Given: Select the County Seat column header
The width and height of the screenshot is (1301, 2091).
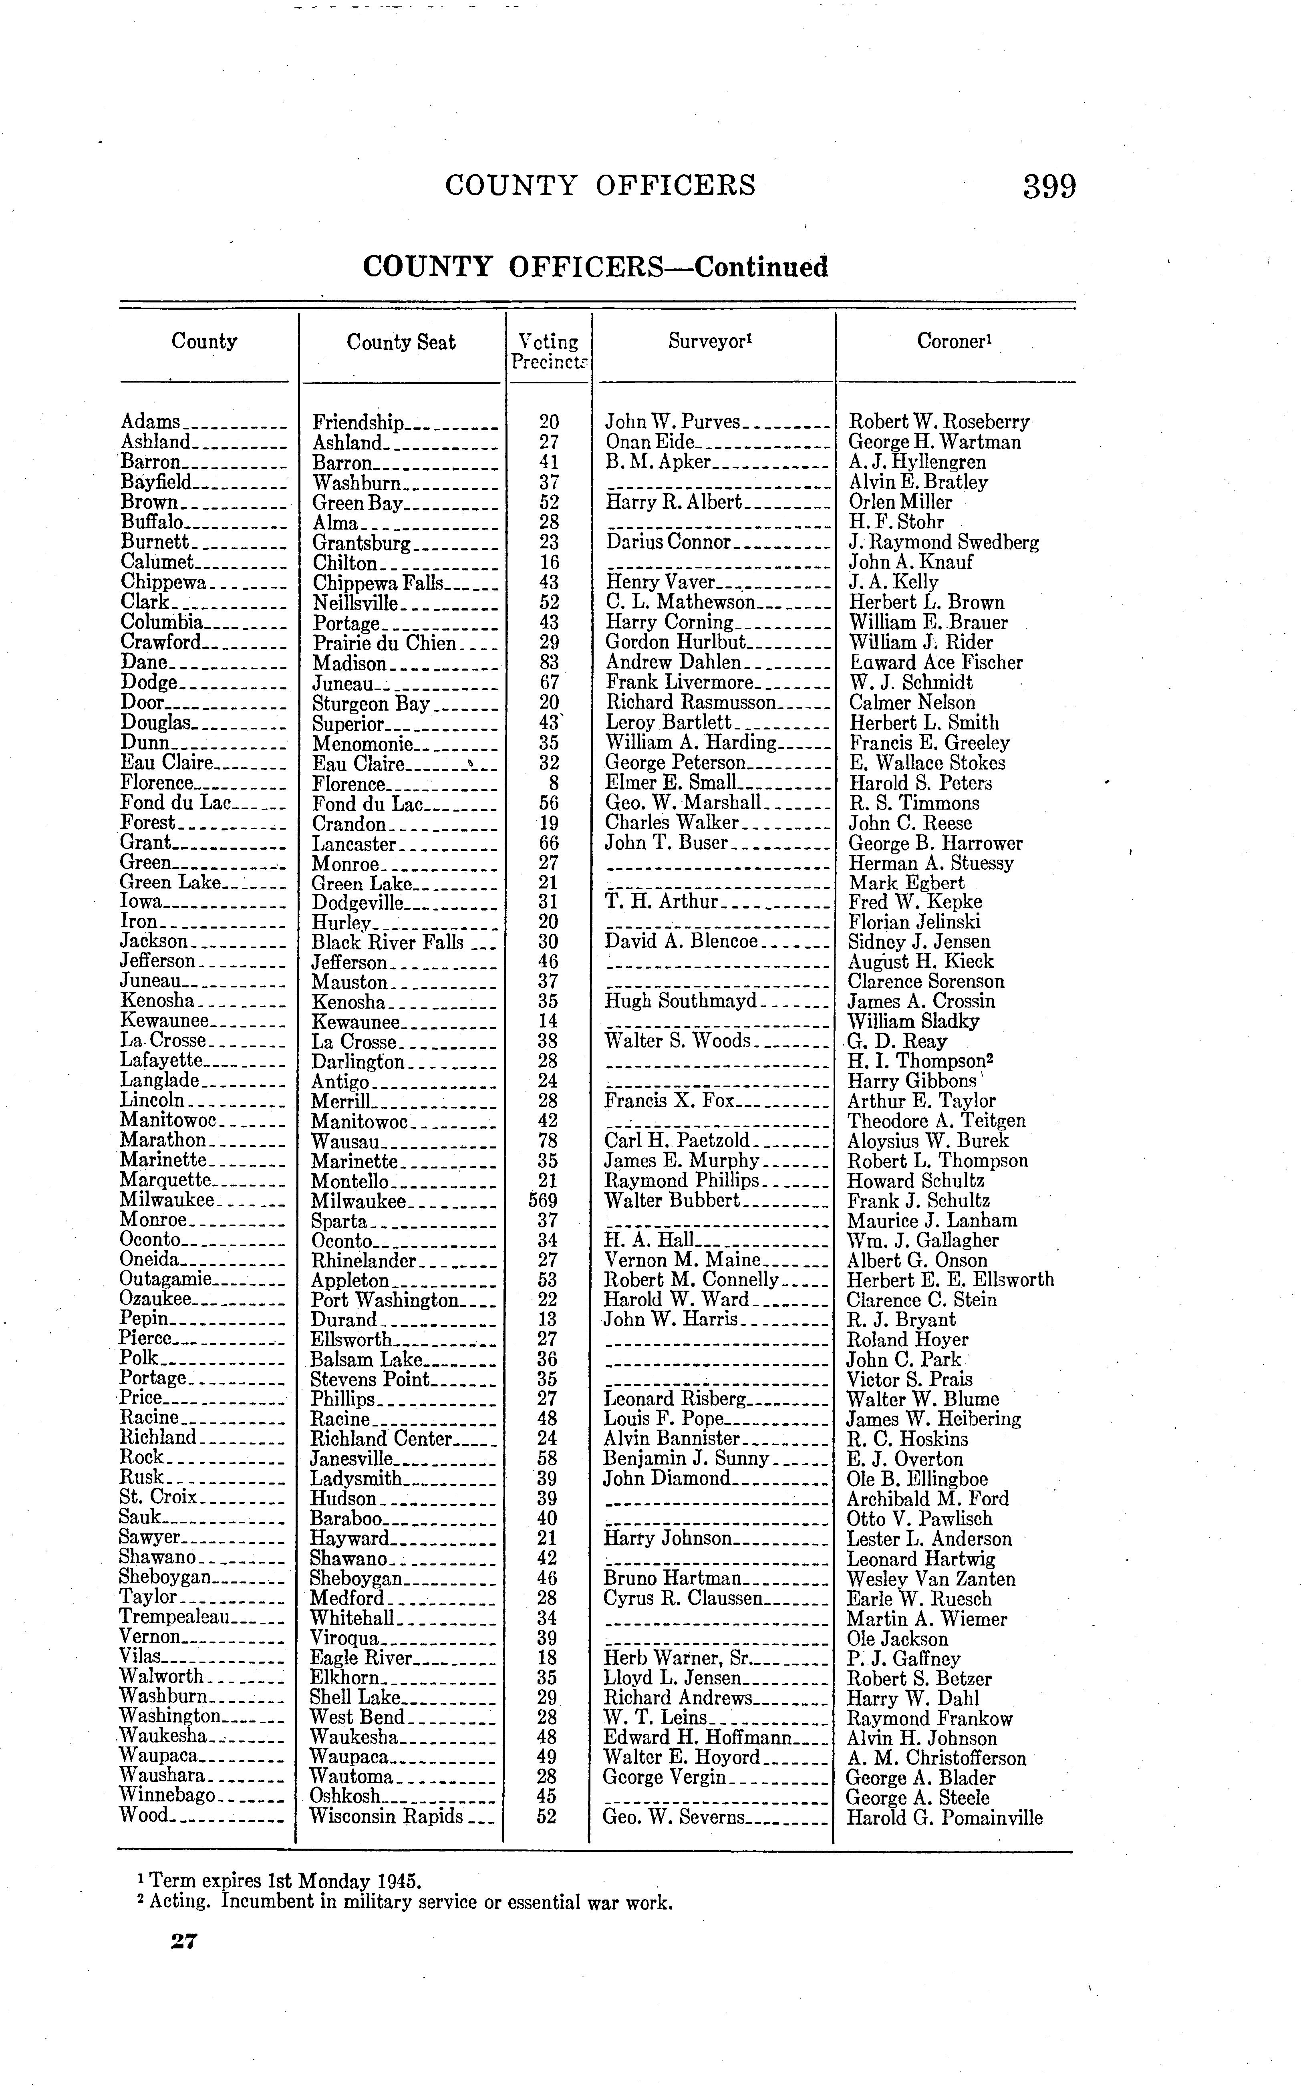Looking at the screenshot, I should click(401, 342).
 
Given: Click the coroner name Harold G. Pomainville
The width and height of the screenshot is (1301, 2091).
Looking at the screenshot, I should click(944, 1817).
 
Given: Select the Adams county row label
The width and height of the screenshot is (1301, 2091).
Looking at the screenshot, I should click(151, 422).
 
